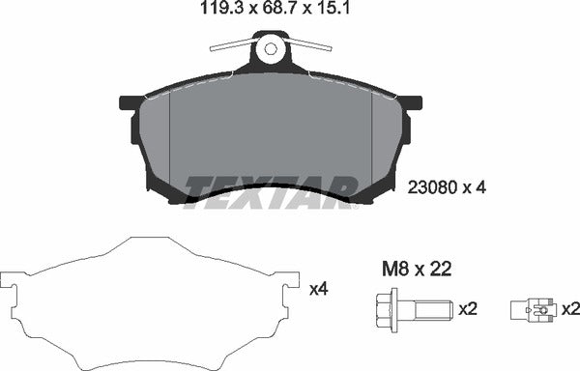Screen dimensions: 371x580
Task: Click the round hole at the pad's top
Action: (271, 47)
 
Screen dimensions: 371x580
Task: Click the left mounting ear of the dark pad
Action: (130, 102)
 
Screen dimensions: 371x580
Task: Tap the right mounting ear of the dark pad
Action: (410, 102)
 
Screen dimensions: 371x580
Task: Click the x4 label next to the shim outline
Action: (317, 287)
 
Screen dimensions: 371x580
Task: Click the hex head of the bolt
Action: (380, 310)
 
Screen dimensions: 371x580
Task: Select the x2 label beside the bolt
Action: (468, 310)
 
